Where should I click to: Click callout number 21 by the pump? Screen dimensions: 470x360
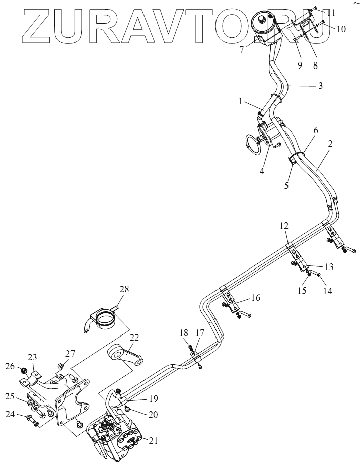[x=153, y=440]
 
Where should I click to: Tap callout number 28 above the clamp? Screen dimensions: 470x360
[x=124, y=289]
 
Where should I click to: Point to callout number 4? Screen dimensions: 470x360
[x=262, y=171]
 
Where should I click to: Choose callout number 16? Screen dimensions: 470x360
[x=255, y=298]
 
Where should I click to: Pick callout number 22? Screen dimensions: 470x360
[x=134, y=338]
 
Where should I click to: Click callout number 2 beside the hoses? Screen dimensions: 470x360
[x=330, y=144]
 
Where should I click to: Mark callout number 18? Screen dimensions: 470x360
[x=183, y=332]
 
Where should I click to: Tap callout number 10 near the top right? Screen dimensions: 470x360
[x=341, y=29]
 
